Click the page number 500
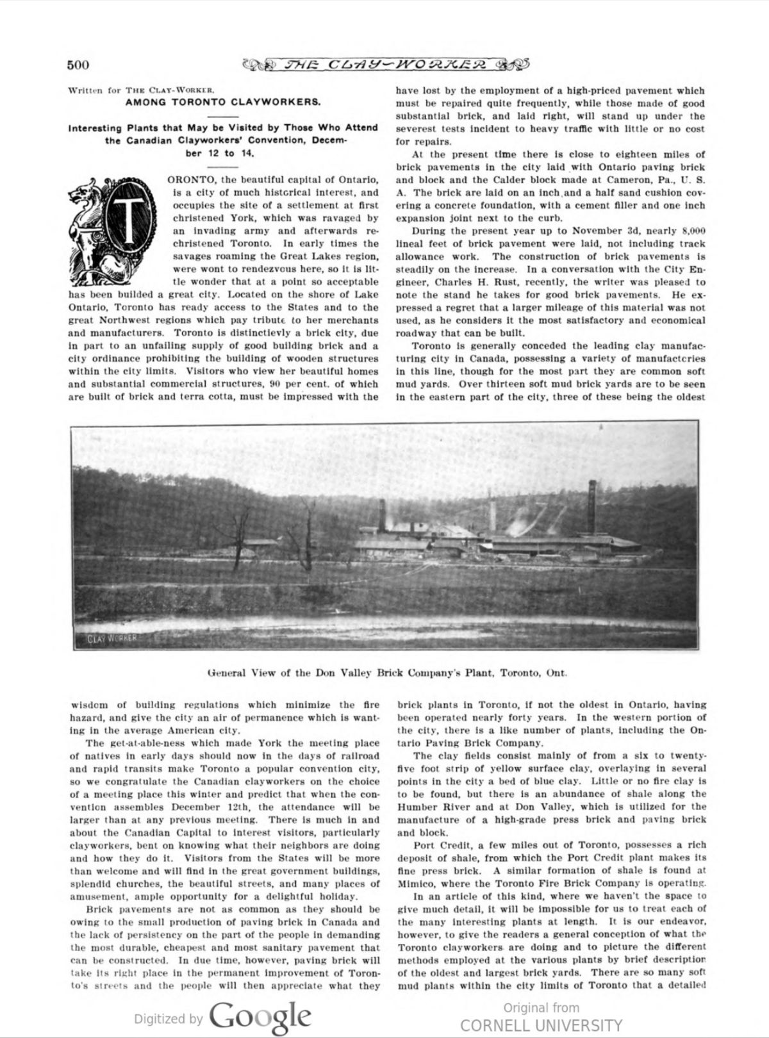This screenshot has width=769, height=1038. click(x=78, y=64)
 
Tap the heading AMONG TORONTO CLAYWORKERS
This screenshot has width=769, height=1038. click(x=223, y=102)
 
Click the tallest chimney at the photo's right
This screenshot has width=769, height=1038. click(x=592, y=506)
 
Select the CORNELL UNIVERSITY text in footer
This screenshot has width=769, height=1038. click(x=541, y=1025)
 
